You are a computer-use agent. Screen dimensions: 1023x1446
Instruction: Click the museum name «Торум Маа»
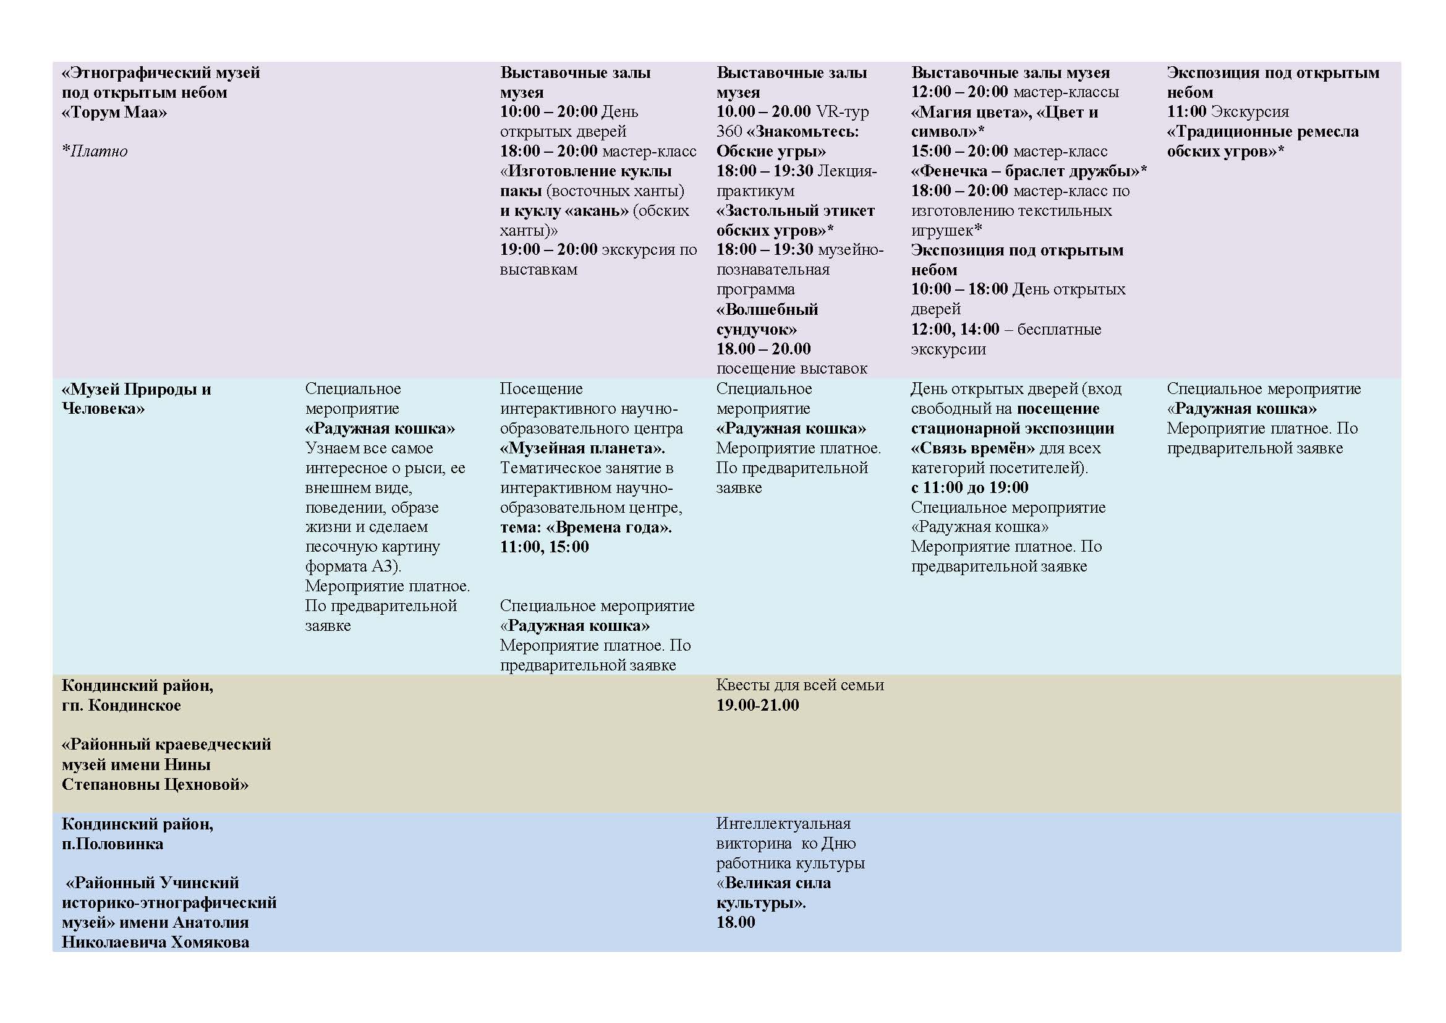pyautogui.click(x=114, y=112)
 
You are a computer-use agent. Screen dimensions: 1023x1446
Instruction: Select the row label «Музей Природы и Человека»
pyautogui.click(x=136, y=399)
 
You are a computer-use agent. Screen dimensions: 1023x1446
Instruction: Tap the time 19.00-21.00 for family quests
pyautogui.click(x=757, y=705)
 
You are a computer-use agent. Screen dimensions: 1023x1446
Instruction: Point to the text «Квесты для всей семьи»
pyautogui.click(x=800, y=685)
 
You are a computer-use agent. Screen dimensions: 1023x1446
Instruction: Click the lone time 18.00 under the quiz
pyautogui.click(x=735, y=922)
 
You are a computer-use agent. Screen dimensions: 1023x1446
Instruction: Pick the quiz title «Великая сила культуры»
pyautogui.click(x=773, y=892)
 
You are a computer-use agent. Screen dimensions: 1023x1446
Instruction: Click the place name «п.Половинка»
pyautogui.click(x=112, y=844)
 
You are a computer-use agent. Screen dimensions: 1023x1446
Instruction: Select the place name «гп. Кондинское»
pyautogui.click(x=121, y=705)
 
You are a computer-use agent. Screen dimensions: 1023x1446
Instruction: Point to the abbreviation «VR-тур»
pyautogui.click(x=842, y=111)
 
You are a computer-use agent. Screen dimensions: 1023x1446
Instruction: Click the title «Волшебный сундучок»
pyautogui.click(x=767, y=319)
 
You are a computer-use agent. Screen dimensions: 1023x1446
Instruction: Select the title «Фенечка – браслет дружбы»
pyautogui.click(x=1029, y=171)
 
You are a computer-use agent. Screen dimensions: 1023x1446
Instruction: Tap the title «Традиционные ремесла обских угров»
pyautogui.click(x=1262, y=141)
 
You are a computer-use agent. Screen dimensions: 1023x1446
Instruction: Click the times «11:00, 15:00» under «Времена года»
pyautogui.click(x=544, y=547)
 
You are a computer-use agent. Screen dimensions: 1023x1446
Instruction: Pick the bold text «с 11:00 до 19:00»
pyautogui.click(x=969, y=487)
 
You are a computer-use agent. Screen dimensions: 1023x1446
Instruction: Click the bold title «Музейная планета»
pyautogui.click(x=582, y=448)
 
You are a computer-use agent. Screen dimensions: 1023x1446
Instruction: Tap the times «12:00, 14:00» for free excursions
pyautogui.click(x=955, y=329)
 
